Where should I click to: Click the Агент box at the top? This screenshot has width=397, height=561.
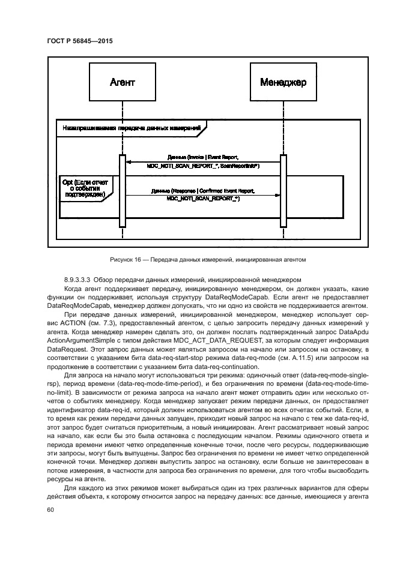click(123, 82)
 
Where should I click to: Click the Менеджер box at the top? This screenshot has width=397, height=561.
click(282, 82)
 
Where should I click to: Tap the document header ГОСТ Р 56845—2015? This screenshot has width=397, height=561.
click(79, 40)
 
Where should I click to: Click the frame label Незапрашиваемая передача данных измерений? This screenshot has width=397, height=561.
click(129, 127)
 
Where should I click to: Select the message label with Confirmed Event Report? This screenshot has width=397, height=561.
click(203, 191)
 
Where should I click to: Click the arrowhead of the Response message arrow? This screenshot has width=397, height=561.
click(276, 195)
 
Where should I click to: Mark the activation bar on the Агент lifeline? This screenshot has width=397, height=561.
click(123, 191)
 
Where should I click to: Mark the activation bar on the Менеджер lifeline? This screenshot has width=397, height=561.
click(282, 191)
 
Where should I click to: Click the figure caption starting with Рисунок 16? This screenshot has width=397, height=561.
click(199, 260)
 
